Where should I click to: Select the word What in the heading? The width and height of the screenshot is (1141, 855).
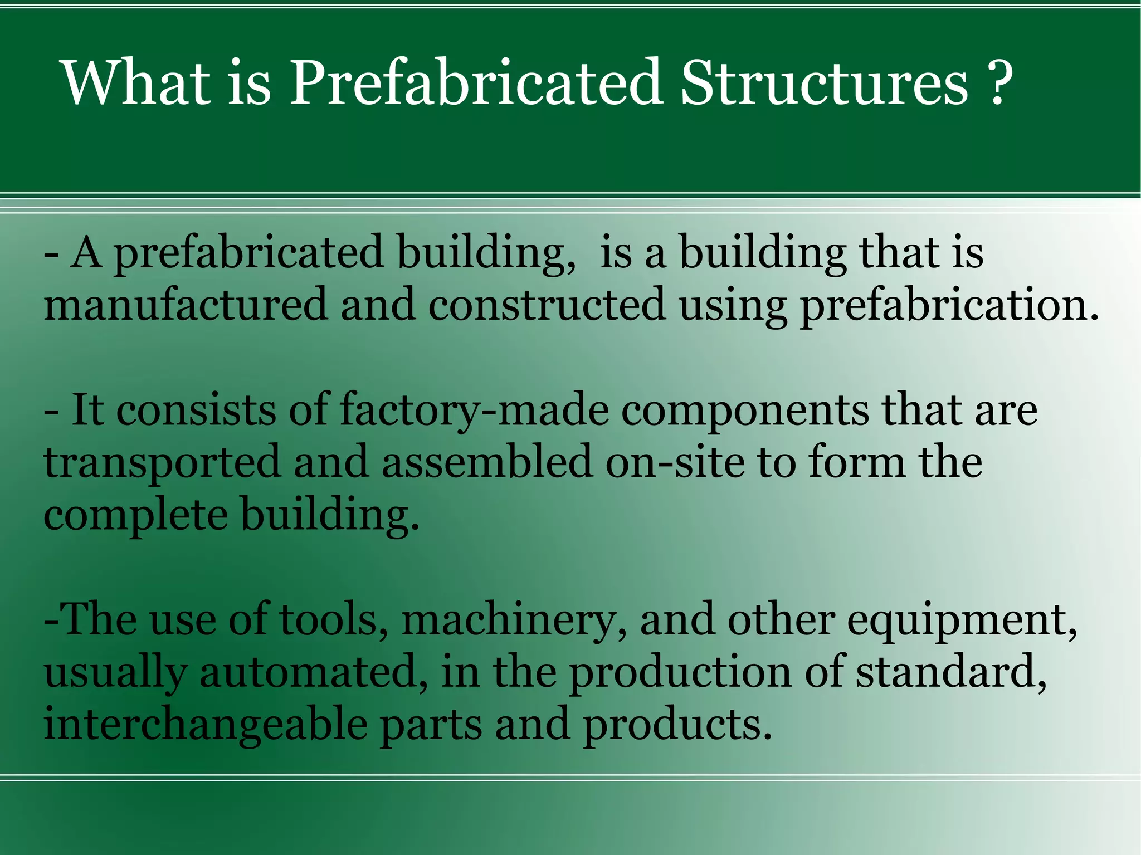click(x=136, y=84)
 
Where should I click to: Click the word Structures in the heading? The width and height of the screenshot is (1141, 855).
click(x=825, y=84)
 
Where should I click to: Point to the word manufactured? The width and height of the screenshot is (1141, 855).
click(x=186, y=305)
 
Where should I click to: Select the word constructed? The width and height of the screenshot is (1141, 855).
click(x=547, y=305)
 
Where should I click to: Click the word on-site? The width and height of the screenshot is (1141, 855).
click(x=675, y=462)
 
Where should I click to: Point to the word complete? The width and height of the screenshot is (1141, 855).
click(x=135, y=516)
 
